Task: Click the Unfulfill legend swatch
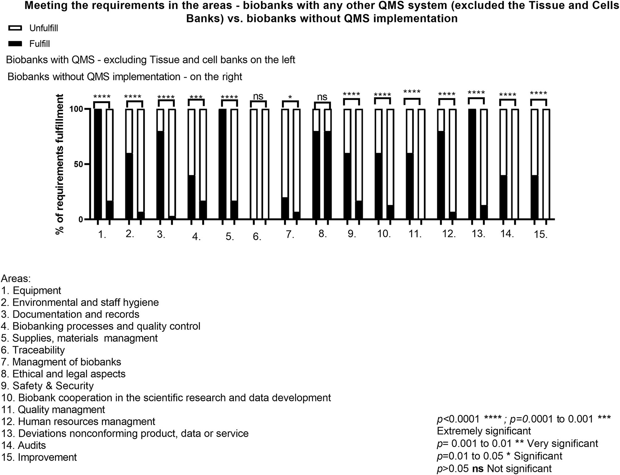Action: tap(15, 28)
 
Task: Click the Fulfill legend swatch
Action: tap(15, 44)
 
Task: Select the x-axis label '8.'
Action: tap(322, 234)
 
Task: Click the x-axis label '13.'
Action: tap(478, 234)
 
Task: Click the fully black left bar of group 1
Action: tap(98, 164)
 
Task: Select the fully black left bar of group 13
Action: tap(472, 164)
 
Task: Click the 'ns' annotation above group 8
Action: tap(322, 97)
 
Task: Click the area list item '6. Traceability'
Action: tap(33, 350)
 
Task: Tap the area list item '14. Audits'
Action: tap(23, 445)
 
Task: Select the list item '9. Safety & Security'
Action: tap(47, 386)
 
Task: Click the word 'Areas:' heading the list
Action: tap(16, 279)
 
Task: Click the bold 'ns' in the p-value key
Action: tap(478, 468)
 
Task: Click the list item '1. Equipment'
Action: tap(31, 291)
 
